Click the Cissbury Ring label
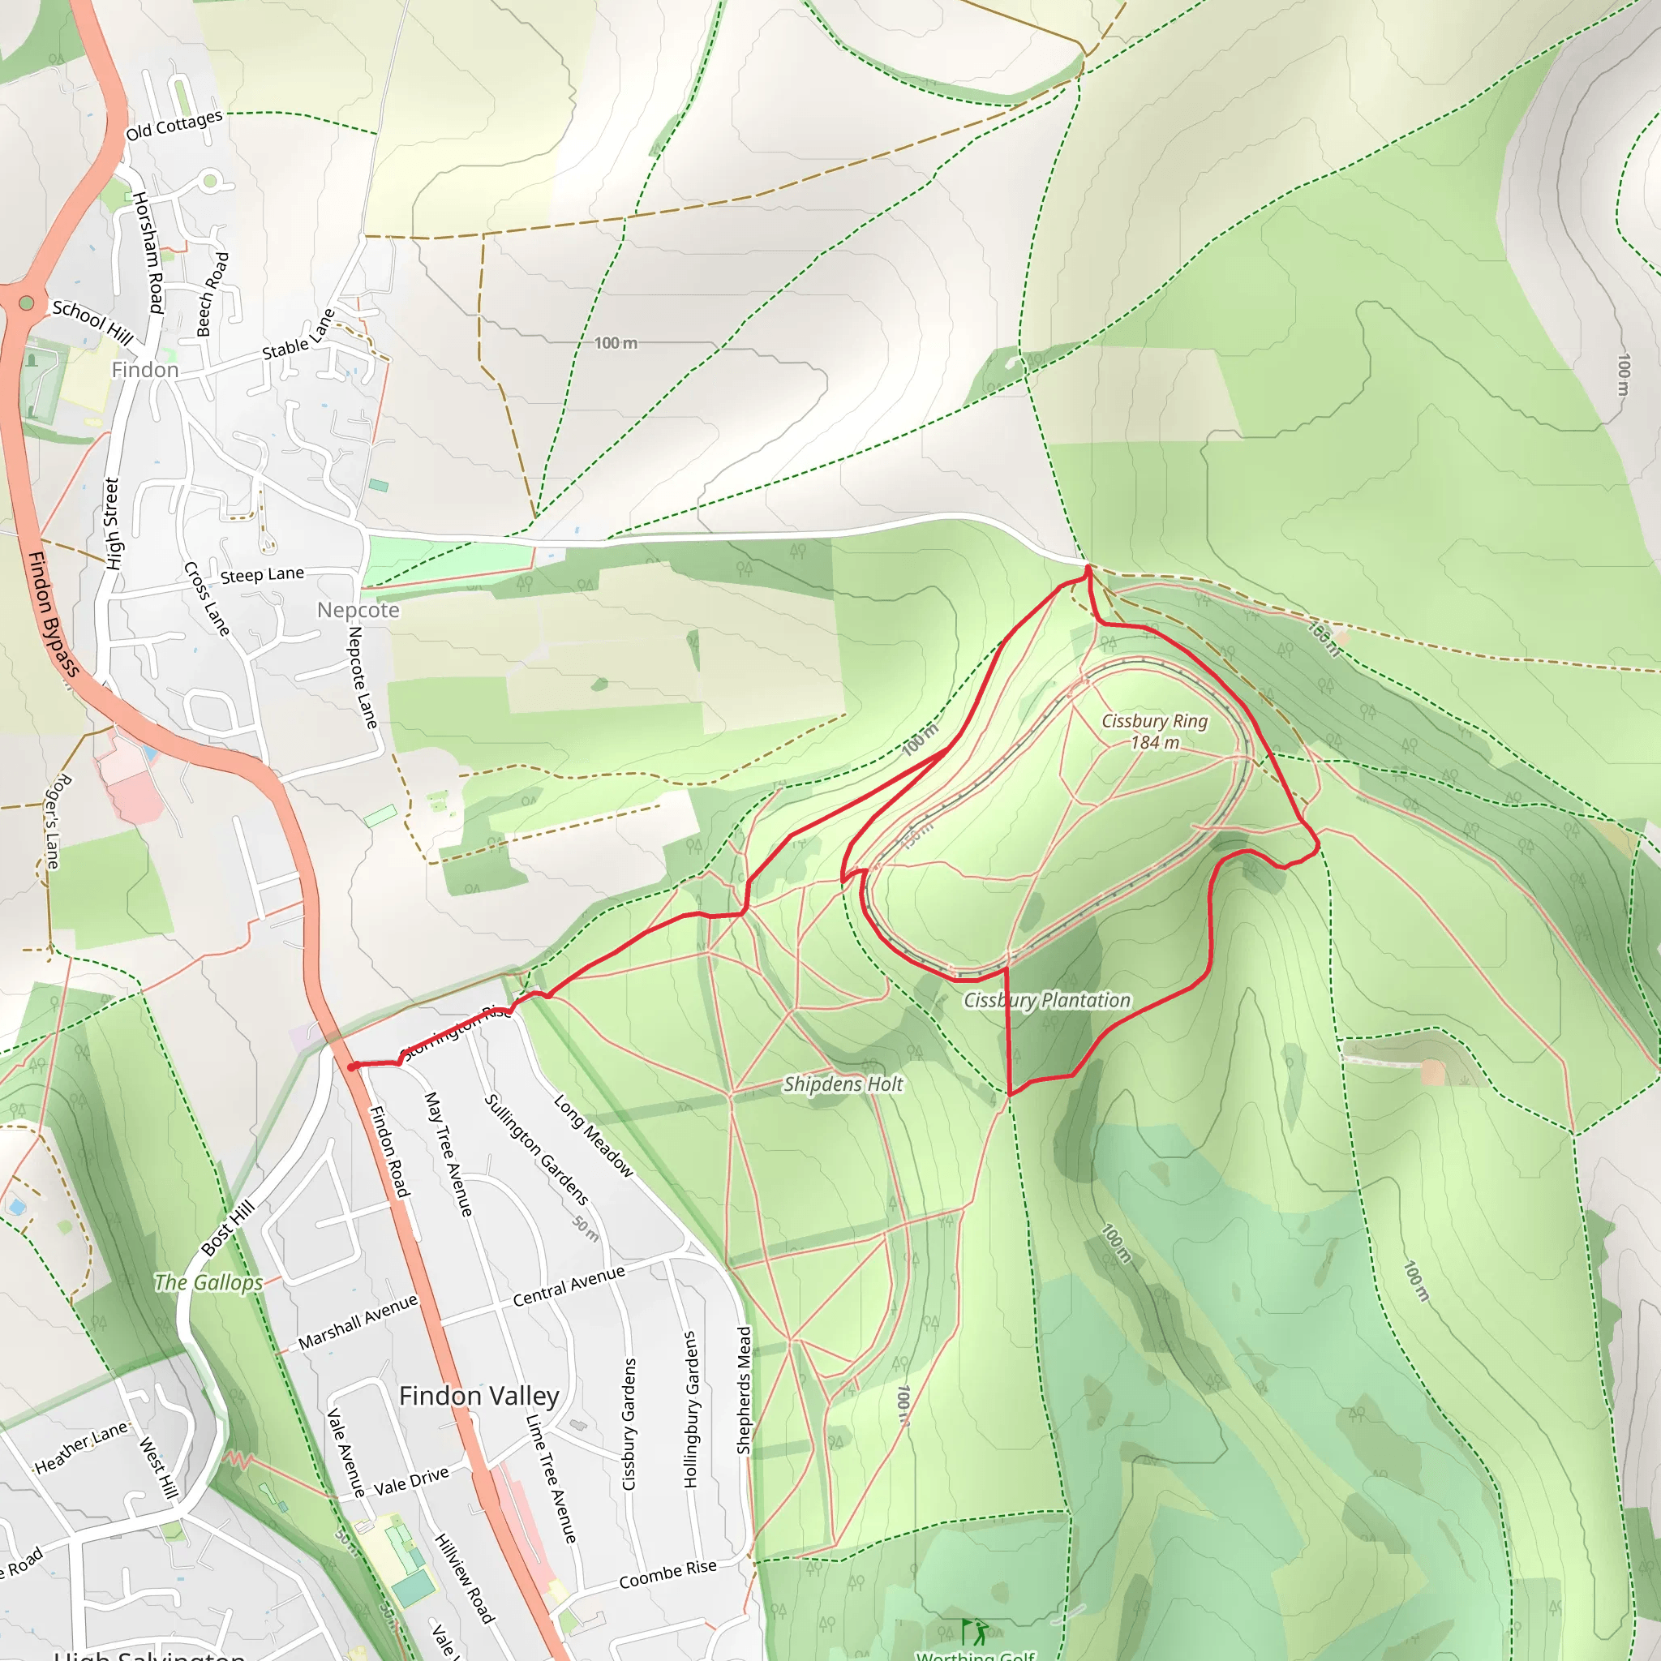click(1154, 721)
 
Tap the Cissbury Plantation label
click(1046, 1000)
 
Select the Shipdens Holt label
click(843, 1084)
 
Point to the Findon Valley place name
click(479, 1394)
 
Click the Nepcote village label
click(358, 610)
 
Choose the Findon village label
click(144, 370)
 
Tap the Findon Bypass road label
click(54, 614)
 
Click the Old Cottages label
click(174, 125)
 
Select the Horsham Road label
click(148, 253)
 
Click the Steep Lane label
click(262, 574)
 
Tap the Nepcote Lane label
click(362, 676)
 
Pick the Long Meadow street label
click(593, 1135)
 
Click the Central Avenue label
click(569, 1286)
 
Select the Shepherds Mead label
click(745, 1390)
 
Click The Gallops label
click(208, 1282)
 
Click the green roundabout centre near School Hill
click(27, 303)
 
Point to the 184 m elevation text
click(1155, 743)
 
